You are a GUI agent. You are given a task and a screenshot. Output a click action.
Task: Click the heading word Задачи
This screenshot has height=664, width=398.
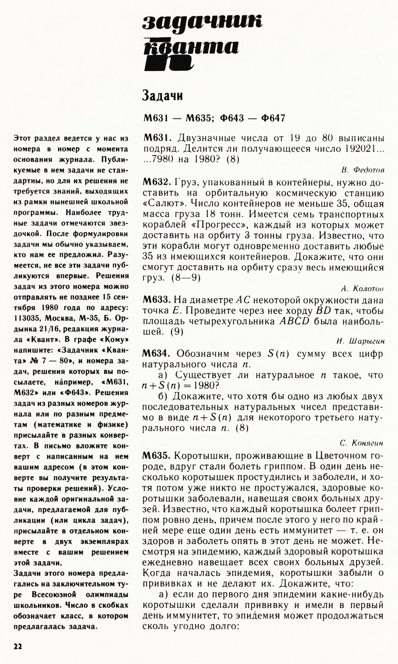tap(163, 96)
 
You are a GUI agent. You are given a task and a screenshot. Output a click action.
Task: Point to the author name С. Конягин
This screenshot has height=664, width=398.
tap(362, 442)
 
